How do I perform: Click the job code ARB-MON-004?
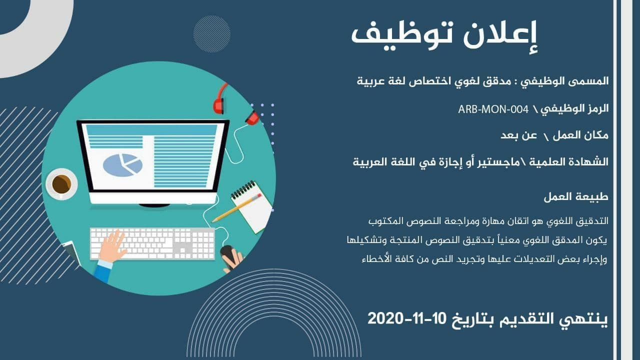pyautogui.click(x=489, y=108)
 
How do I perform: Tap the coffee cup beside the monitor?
pyautogui.click(x=61, y=184)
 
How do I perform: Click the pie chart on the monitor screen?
pyautogui.click(x=122, y=164)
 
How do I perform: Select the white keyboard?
pyautogui.click(x=152, y=243)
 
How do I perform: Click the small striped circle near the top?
pyautogui.click(x=211, y=33)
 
